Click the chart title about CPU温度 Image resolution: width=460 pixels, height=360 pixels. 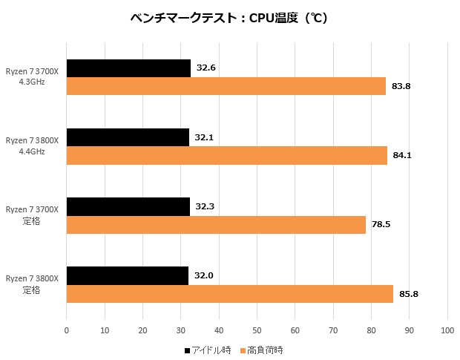229,18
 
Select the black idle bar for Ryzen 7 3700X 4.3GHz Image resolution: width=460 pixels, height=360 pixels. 128,68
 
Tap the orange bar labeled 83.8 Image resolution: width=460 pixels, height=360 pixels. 226,86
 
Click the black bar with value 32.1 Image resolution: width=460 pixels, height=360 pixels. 128,137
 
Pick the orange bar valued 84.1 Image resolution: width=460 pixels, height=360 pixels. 227,155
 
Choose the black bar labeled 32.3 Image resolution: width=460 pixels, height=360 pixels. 128,206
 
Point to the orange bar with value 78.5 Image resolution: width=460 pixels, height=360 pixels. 216,224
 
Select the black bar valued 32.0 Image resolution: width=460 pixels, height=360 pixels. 128,275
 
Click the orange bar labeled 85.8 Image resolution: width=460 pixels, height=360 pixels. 230,293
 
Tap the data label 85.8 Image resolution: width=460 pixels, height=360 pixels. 409,294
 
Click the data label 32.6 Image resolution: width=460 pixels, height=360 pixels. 206,68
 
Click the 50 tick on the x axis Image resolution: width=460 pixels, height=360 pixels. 257,330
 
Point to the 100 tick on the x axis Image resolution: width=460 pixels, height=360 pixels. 447,330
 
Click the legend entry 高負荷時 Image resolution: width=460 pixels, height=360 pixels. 260,350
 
